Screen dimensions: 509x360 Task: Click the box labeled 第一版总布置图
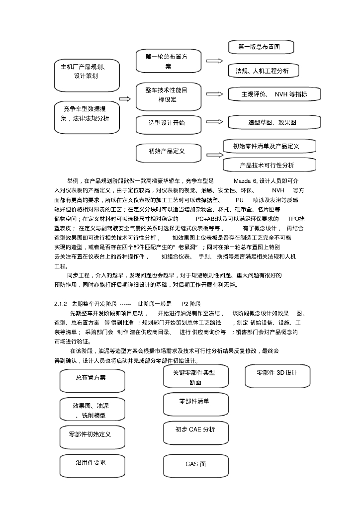coord(259,47)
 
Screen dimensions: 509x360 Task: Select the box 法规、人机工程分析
coord(262,71)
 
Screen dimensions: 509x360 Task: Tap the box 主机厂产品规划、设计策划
coord(86,71)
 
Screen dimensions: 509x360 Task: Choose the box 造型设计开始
coord(166,122)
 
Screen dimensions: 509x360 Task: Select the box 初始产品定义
coord(166,151)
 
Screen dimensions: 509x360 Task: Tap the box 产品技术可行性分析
coord(267,165)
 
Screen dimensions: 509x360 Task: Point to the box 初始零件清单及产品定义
coord(267,146)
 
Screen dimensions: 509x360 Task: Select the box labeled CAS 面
coord(195,464)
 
